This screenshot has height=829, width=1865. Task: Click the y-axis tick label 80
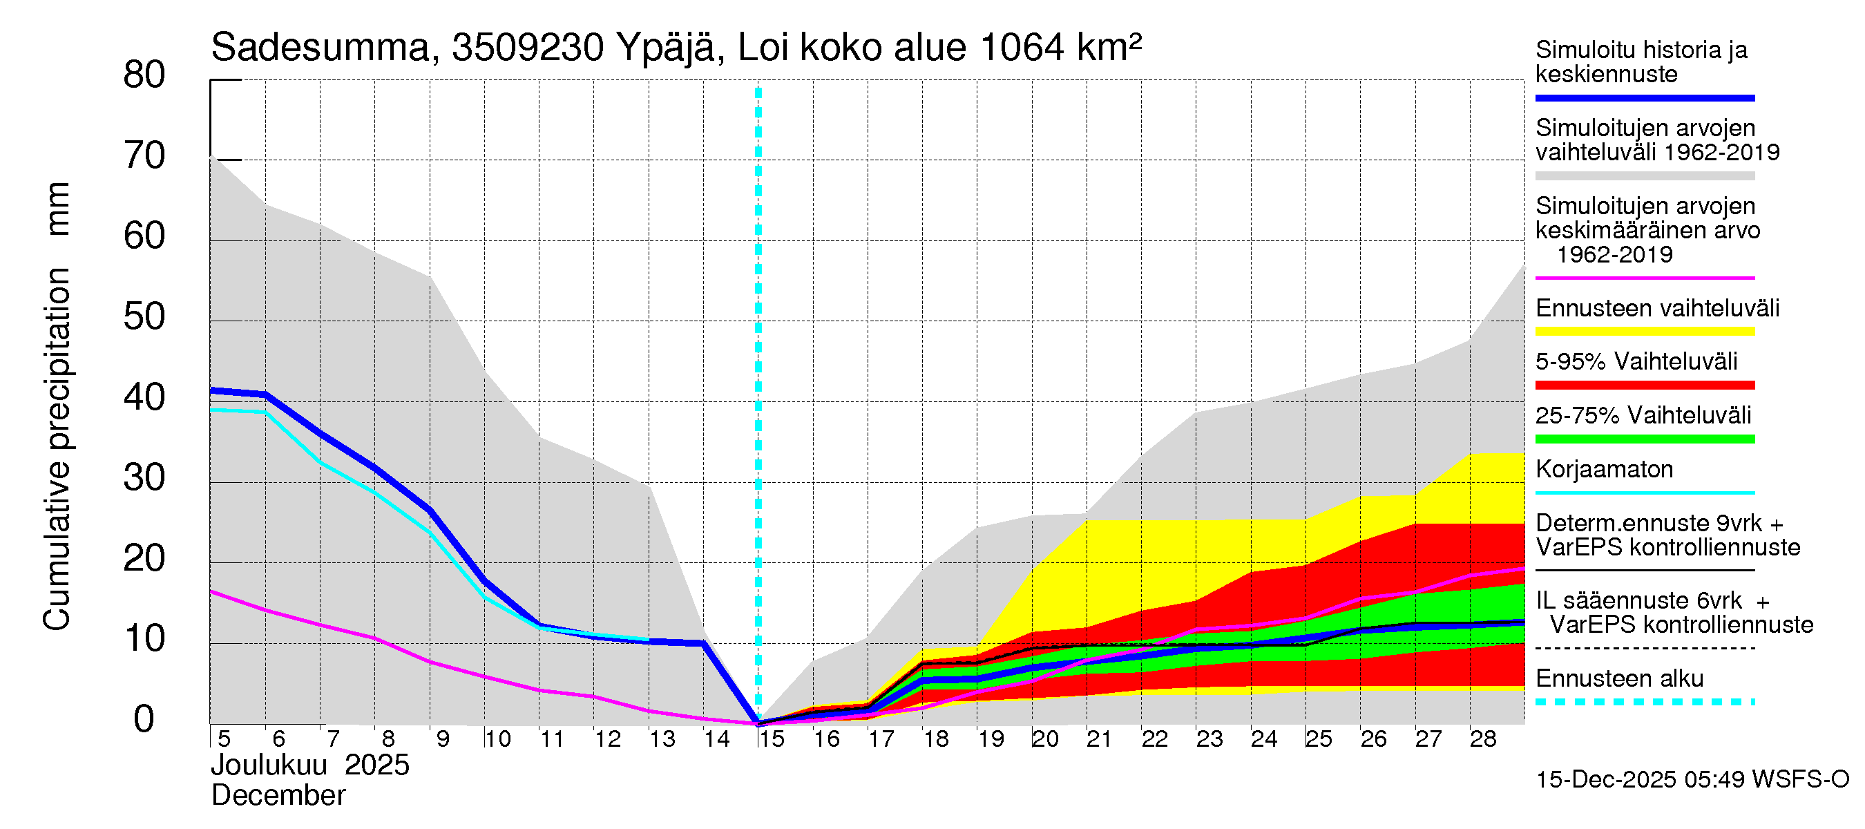pyautogui.click(x=144, y=75)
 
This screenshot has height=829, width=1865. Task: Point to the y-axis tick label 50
pyautogui.click(x=144, y=317)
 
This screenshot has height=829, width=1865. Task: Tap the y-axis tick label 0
pyautogui.click(x=144, y=719)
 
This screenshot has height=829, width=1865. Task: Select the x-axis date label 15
pyautogui.click(x=772, y=739)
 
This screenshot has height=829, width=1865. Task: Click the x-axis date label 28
pyautogui.click(x=1483, y=739)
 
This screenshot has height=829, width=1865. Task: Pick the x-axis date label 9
pyautogui.click(x=442, y=739)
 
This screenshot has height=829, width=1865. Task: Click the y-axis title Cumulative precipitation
pyautogui.click(x=57, y=449)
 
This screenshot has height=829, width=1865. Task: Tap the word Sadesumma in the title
pyautogui.click(x=320, y=48)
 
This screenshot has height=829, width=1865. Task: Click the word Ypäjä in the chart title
pyautogui.click(x=666, y=48)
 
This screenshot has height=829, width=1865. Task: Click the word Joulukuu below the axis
pyautogui.click(x=269, y=765)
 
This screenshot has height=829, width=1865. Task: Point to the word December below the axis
pyautogui.click(x=278, y=796)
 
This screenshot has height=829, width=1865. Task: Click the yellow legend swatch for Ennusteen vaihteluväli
pyautogui.click(x=1645, y=332)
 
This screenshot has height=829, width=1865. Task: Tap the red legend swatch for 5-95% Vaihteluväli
pyautogui.click(x=1645, y=385)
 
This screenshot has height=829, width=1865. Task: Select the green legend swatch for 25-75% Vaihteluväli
pyautogui.click(x=1645, y=439)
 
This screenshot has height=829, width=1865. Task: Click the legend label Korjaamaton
pyautogui.click(x=1604, y=469)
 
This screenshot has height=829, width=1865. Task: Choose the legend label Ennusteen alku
pyautogui.click(x=1619, y=678)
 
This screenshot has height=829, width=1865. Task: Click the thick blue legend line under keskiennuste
pyautogui.click(x=1645, y=97)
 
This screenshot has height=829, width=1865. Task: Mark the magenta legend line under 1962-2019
pyautogui.click(x=1645, y=278)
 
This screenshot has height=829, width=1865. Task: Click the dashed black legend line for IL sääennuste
pyautogui.click(x=1645, y=648)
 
